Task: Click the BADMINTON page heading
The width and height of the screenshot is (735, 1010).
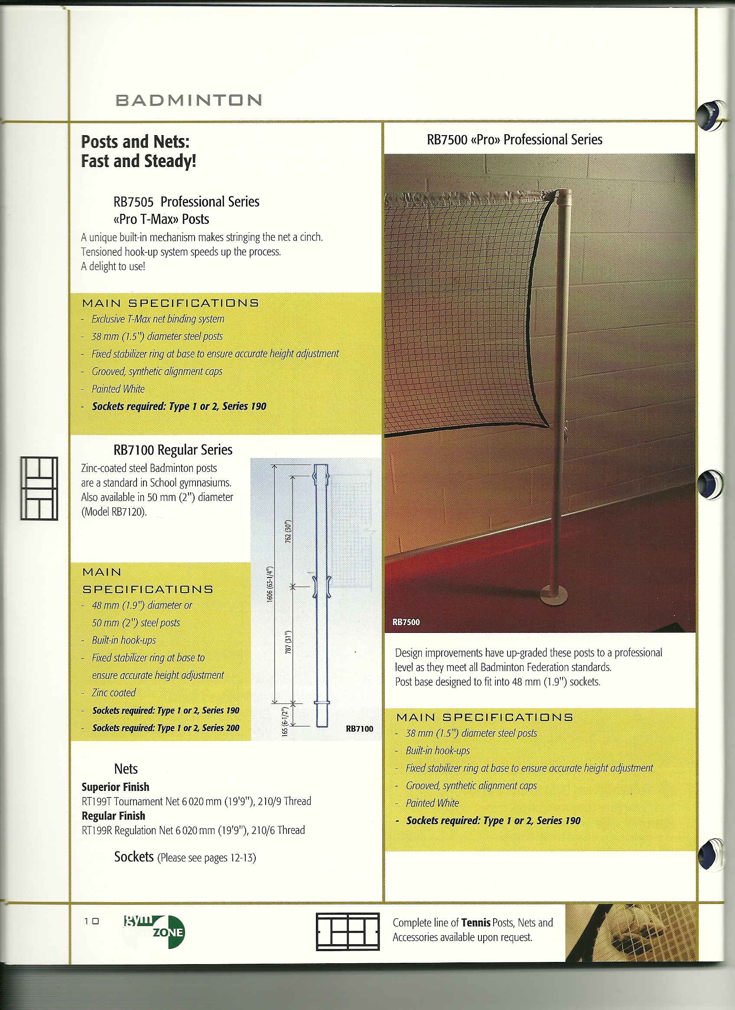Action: [188, 100]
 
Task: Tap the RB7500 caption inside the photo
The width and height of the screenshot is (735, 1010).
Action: [406, 622]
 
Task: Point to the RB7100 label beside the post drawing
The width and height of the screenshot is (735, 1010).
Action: [359, 729]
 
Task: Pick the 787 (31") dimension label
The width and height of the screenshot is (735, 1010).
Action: [288, 642]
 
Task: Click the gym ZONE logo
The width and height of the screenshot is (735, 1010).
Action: [154, 931]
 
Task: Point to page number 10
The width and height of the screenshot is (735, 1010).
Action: [91, 921]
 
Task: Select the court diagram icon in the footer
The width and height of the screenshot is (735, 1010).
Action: [348, 932]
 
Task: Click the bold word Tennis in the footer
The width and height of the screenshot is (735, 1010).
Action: [475, 923]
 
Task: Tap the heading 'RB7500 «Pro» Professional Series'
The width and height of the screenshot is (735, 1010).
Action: [514, 140]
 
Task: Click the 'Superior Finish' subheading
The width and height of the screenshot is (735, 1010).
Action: [115, 787]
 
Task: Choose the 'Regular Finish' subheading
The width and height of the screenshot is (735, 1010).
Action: [113, 816]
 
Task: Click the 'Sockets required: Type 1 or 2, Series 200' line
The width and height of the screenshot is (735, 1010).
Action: [166, 728]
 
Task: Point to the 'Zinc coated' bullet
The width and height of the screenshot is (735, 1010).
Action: [113, 693]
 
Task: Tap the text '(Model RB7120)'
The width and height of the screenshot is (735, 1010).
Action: [114, 512]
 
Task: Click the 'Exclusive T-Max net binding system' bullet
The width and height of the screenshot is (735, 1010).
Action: [158, 319]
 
